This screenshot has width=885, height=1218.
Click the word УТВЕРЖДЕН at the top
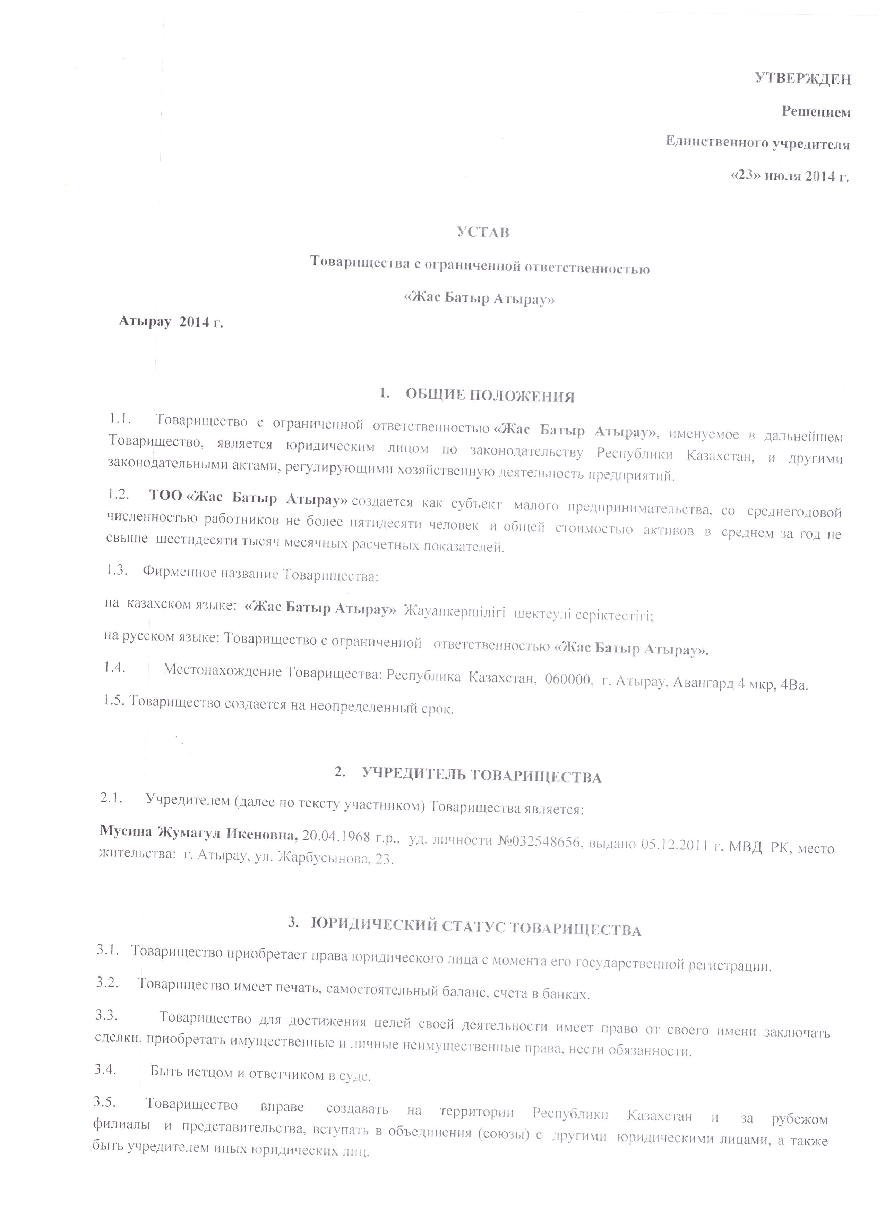[x=802, y=79]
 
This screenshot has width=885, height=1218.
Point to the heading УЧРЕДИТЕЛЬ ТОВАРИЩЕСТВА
[x=481, y=776]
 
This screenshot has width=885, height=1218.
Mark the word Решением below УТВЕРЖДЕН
[x=816, y=112]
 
